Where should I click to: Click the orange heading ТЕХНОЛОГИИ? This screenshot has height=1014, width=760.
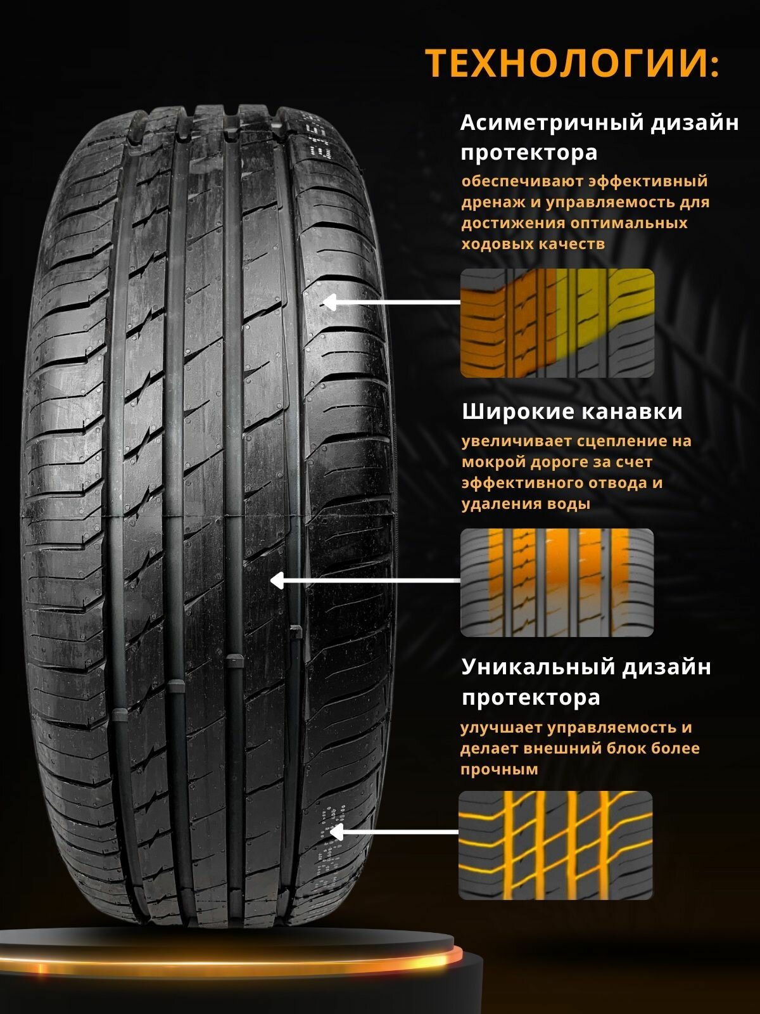572,63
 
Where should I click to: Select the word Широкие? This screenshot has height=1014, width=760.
514,412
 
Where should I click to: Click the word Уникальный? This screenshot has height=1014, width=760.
536,667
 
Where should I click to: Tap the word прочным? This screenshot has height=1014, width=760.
491,769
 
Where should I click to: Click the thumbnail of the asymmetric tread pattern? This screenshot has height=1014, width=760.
557,323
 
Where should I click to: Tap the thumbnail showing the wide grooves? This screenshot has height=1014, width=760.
557,582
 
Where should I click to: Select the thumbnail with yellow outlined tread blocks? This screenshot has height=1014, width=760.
555,845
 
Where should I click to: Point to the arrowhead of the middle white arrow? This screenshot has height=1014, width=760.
276,580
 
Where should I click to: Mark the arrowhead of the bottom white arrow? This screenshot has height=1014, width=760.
336,832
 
